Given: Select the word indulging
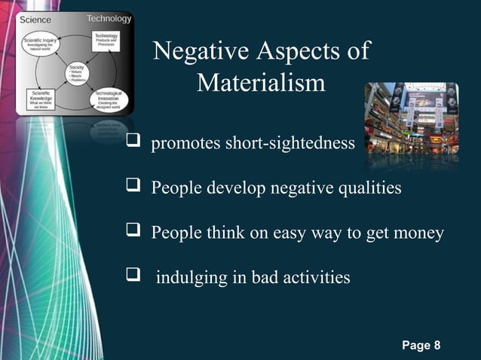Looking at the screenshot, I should click(x=188, y=279).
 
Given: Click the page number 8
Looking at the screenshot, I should click(x=436, y=346).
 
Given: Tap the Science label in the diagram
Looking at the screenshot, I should click(x=35, y=20).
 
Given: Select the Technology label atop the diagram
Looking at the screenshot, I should click(x=109, y=18).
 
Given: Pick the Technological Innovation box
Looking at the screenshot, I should click(x=109, y=99).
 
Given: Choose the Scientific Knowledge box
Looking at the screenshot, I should click(x=37, y=102).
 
